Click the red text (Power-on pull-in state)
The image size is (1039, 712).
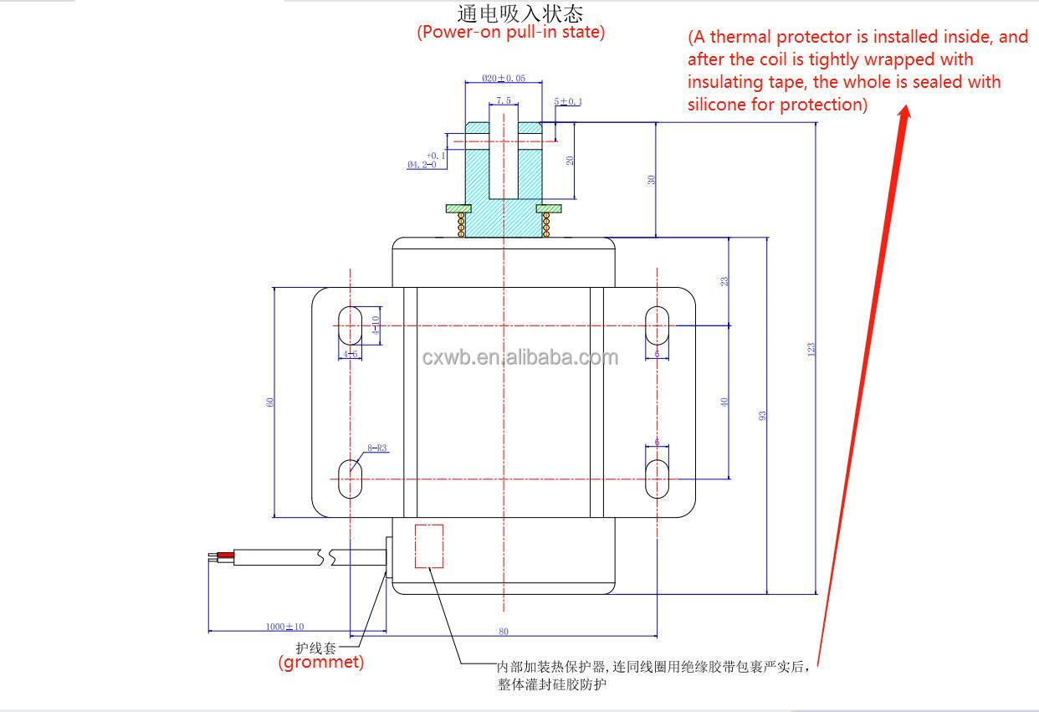point(510,33)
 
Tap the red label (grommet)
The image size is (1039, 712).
point(321,663)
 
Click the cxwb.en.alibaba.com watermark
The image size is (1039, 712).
point(519,358)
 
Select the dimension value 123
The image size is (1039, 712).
point(811,350)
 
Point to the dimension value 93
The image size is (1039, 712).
point(762,415)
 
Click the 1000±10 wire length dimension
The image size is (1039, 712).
point(285,626)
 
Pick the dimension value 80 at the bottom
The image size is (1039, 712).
point(504,632)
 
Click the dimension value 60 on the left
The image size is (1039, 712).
point(270,402)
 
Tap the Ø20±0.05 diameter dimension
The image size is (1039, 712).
point(504,78)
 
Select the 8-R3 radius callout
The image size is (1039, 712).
point(378,448)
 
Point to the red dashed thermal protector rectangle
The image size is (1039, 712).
point(429,546)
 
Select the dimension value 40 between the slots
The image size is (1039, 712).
point(724,402)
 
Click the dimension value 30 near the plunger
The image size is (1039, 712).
point(651,179)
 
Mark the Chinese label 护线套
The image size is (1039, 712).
point(315,647)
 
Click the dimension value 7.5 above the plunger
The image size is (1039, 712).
point(503,100)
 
